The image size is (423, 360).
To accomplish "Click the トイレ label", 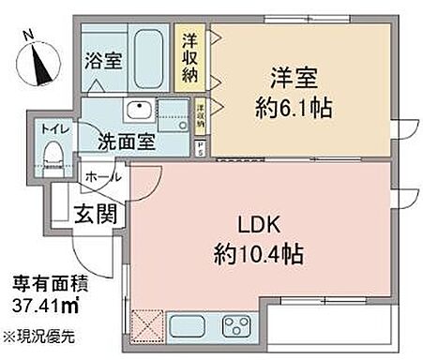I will point(51,127).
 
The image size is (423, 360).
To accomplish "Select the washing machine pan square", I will point(173,117).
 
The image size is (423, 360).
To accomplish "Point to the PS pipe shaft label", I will point(200,146).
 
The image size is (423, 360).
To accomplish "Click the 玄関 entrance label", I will point(98,215).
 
